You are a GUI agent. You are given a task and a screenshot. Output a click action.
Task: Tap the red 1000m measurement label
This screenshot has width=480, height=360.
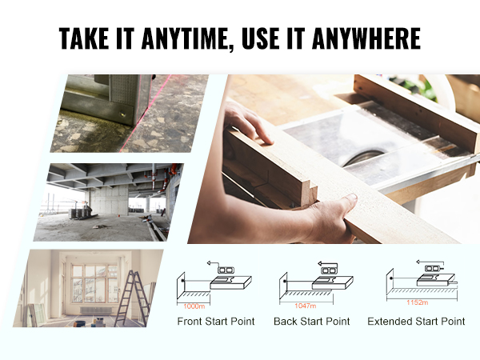tap(194, 305)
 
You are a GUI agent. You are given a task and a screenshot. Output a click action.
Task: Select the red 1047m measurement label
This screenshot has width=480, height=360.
tap(306, 306)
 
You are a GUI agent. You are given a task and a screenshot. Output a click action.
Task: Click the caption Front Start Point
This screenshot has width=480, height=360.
tap(216, 322)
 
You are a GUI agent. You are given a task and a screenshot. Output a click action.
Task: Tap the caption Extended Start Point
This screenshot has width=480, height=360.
tap(416, 322)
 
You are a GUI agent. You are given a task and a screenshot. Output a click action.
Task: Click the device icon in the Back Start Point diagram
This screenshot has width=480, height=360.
tap(328, 270)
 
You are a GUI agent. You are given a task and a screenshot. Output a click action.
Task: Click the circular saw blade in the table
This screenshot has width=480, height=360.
tap(356, 157)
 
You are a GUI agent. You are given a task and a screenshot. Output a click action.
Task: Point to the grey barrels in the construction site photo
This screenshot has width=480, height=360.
tap(81, 211)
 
